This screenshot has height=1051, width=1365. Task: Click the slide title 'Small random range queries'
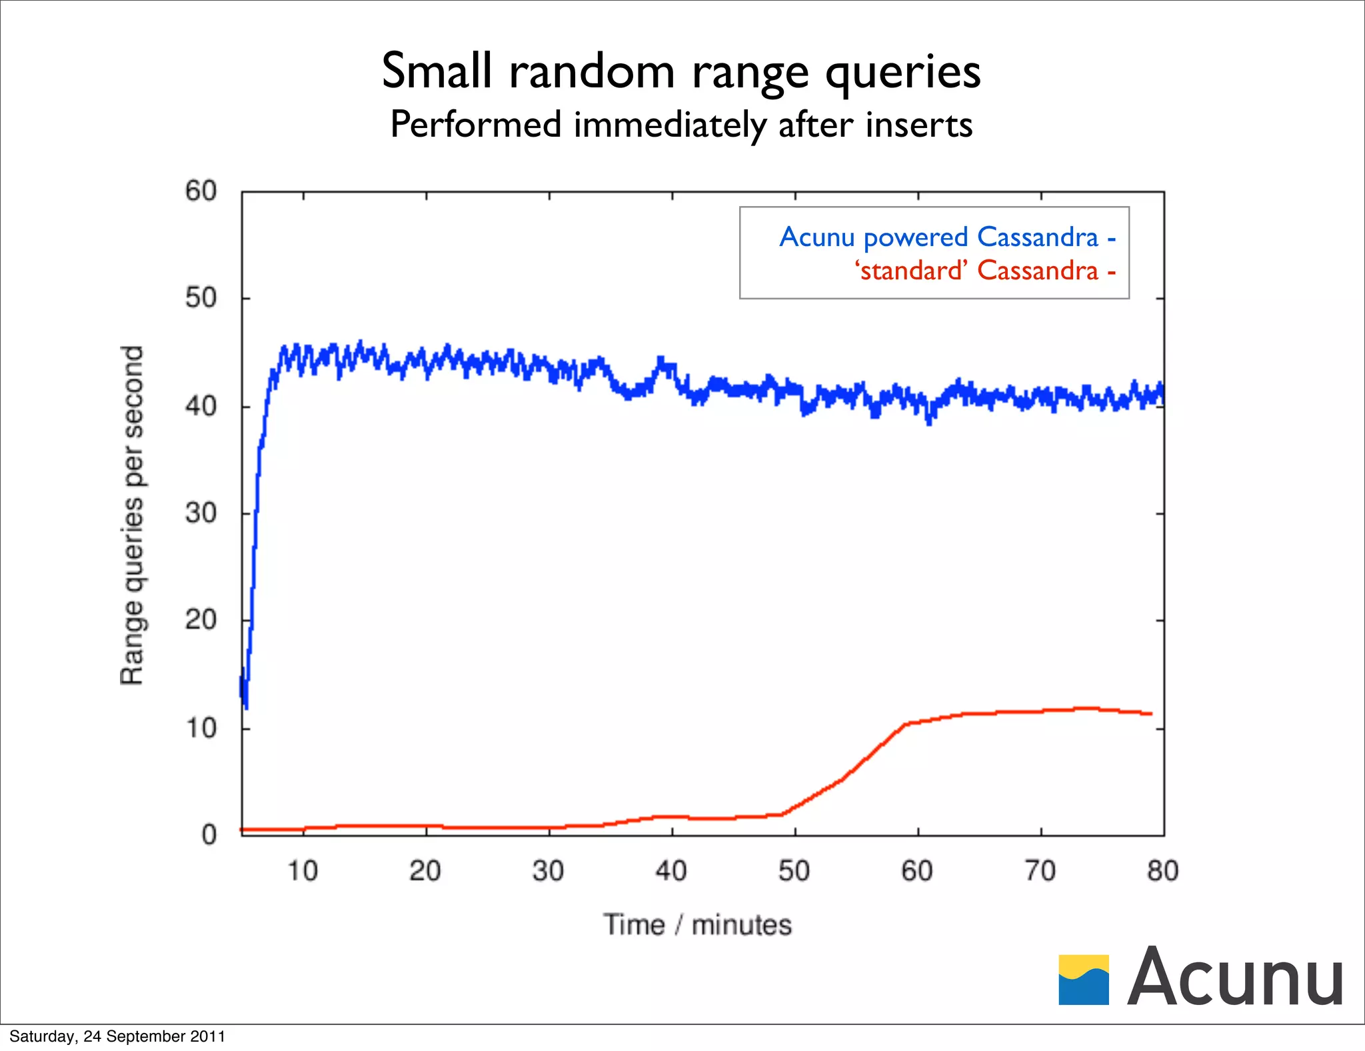pos(681,71)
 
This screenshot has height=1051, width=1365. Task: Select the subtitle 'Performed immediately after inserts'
pos(681,125)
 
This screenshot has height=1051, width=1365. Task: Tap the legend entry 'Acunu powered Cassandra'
pos(939,237)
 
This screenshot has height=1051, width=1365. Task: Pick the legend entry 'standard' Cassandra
pos(976,271)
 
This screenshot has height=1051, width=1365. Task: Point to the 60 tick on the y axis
pos(201,191)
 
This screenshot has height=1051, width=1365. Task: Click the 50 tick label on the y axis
pos(201,298)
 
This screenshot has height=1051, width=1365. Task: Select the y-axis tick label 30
pos(201,513)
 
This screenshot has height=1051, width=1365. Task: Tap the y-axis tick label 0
pos(209,835)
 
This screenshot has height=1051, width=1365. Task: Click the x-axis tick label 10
pos(303,871)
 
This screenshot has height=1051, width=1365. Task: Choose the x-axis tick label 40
pos(671,871)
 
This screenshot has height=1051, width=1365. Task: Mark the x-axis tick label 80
pos(1163,871)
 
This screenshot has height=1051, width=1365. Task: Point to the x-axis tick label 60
pos(917,871)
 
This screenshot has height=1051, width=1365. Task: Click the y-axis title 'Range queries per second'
pos(132,515)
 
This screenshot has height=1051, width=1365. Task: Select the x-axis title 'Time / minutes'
pos(697,926)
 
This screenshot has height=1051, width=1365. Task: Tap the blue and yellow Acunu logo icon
pos(1084,980)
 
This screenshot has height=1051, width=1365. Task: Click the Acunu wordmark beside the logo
pos(1235,977)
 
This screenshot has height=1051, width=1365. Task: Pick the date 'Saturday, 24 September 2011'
pos(117,1036)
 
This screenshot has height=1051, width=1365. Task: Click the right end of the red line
pos(1151,714)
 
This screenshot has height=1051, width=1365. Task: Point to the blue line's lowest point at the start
pos(246,707)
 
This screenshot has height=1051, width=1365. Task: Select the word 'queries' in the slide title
pos(903,71)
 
